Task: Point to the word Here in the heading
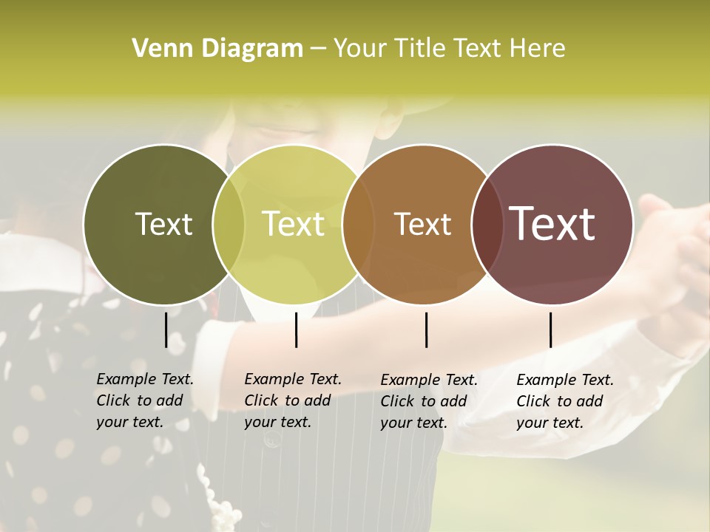pos(538,48)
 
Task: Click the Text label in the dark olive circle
pos(163,224)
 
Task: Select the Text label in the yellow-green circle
pos(294,224)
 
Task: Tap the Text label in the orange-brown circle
pos(422,224)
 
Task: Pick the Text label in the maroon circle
pos(552,224)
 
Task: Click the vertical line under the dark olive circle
pos(166,330)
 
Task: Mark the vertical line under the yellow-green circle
pos(296,330)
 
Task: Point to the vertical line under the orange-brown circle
pos(426,330)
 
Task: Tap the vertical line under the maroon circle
pos(550,330)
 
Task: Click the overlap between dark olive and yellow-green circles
pos(229,224)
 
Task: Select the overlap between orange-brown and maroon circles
pos(485,224)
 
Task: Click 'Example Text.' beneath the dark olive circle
pos(145,379)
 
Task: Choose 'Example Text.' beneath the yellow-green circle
pos(293,379)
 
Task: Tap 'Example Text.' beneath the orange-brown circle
pos(429,380)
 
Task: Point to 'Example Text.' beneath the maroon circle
pos(565,380)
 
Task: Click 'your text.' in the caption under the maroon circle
pos(550,423)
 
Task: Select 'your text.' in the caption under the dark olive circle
pos(129,422)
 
